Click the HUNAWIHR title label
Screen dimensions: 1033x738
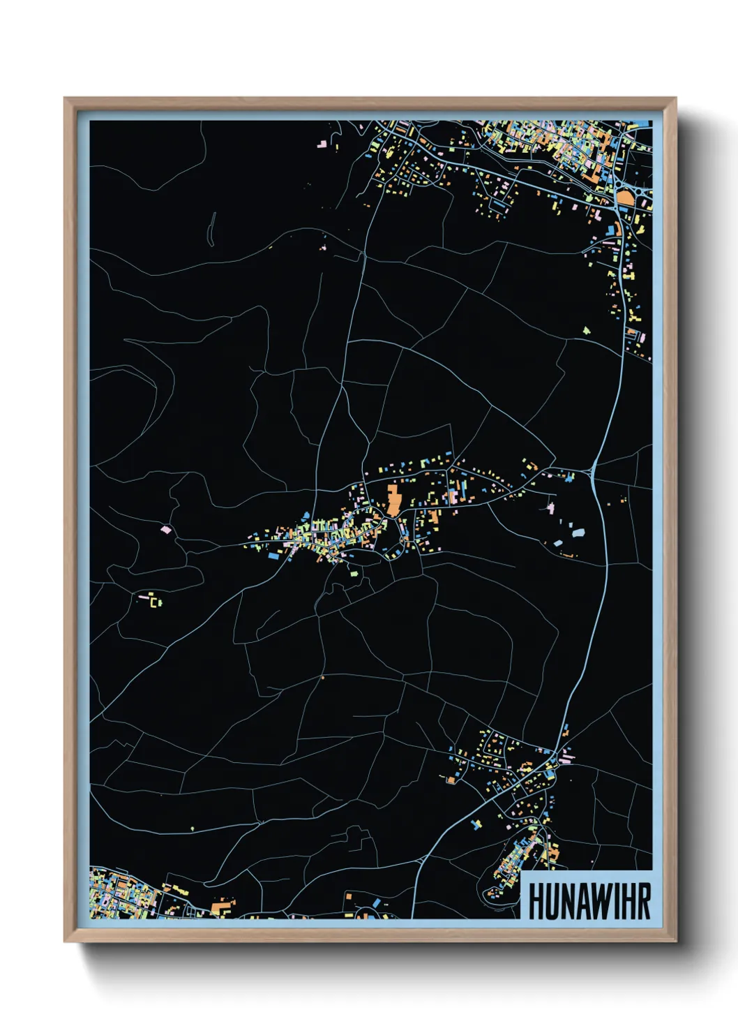pyautogui.click(x=589, y=901)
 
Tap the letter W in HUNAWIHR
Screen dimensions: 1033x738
pyautogui.click(x=596, y=901)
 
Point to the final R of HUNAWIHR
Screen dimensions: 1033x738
pyautogui.click(x=643, y=901)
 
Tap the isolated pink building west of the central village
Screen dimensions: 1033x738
pyautogui.click(x=165, y=530)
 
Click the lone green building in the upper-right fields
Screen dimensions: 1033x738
pyautogui.click(x=586, y=329)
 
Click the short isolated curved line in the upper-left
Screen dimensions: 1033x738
pyautogui.click(x=211, y=229)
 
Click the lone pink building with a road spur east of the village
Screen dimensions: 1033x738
pyautogui.click(x=550, y=507)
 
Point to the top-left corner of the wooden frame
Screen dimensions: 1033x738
pyautogui.click(x=65, y=98)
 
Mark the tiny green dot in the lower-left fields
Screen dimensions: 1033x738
pyautogui.click(x=193, y=828)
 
